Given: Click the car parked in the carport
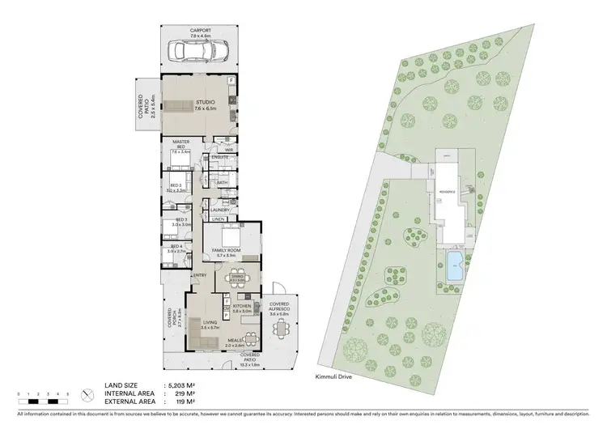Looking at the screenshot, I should point(198,53).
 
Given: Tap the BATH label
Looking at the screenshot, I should point(222,183).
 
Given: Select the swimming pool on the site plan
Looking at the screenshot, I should point(454,263).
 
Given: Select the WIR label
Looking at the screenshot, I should point(229,150).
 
